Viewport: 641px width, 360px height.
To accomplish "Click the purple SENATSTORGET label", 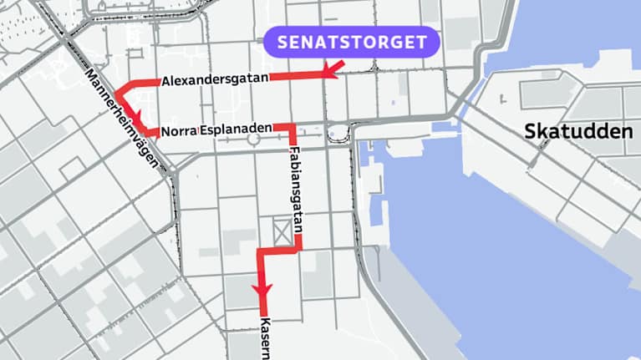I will click(x=351, y=43).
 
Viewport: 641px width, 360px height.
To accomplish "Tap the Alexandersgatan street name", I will click(x=215, y=80).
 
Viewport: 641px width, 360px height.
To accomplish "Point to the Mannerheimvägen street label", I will click(x=120, y=116).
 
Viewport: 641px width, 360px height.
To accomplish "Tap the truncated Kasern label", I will click(x=265, y=337).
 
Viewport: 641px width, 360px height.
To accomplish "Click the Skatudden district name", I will click(x=577, y=131).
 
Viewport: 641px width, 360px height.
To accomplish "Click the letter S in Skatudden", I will click(x=530, y=131).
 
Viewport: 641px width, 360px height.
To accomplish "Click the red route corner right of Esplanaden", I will click(x=293, y=127).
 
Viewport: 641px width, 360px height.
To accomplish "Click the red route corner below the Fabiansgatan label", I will click(x=298, y=247).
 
